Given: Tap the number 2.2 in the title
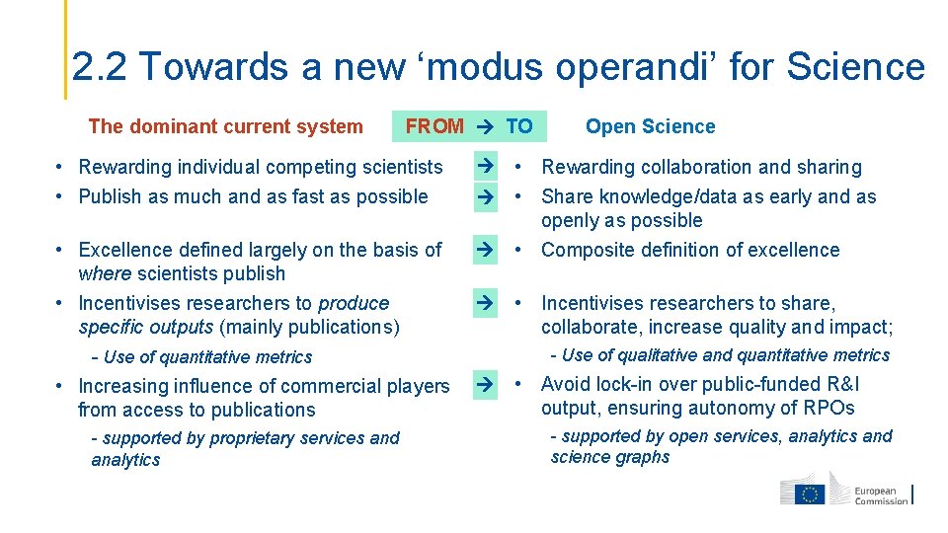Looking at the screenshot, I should (102, 67).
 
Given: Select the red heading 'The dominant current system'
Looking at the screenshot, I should (225, 126).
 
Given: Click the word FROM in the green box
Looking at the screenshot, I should (434, 126).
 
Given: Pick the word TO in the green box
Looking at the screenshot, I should (519, 126).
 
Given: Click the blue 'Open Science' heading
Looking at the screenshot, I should (650, 126).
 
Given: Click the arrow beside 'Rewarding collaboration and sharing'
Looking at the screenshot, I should (485, 166).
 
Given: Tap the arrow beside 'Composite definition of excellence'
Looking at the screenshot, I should (485, 250).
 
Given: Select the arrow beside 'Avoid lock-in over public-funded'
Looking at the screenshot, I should (485, 384).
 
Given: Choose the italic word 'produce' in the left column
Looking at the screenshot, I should (354, 303).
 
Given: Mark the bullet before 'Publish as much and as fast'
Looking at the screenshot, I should (60, 196).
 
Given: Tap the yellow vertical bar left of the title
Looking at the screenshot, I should (66, 49).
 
